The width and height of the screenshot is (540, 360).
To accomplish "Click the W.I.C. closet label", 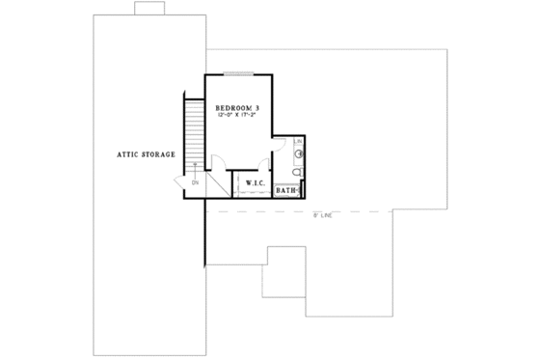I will tap(255, 182).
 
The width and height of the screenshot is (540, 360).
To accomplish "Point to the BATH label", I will tap(286, 191).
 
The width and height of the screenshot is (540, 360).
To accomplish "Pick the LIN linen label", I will tap(299, 142).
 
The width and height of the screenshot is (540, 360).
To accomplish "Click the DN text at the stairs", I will tap(194, 181).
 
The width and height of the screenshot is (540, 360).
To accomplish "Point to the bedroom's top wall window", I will tap(238, 73).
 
